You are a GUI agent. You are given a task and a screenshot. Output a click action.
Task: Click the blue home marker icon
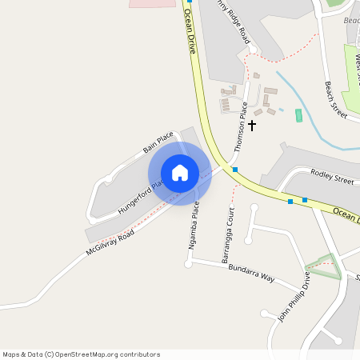[180, 173]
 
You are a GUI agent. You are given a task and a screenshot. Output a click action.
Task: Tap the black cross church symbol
[252, 126]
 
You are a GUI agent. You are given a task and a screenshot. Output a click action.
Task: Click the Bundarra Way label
[251, 273]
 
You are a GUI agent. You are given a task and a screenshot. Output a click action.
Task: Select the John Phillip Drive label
[294, 296]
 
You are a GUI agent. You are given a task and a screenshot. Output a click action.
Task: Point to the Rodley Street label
[332, 177]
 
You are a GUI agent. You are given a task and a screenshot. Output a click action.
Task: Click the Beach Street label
[336, 99]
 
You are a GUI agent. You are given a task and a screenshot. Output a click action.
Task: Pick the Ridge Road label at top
[234, 22]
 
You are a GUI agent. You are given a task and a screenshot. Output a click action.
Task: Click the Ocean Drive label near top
[190, 31]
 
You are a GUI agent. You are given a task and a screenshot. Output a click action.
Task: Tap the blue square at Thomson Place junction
[235, 170]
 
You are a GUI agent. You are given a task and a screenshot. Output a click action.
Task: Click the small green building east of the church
[299, 115]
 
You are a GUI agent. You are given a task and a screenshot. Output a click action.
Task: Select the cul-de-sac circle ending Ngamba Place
[188, 263]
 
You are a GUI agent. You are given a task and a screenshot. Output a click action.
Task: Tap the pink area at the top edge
[152, 3]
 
